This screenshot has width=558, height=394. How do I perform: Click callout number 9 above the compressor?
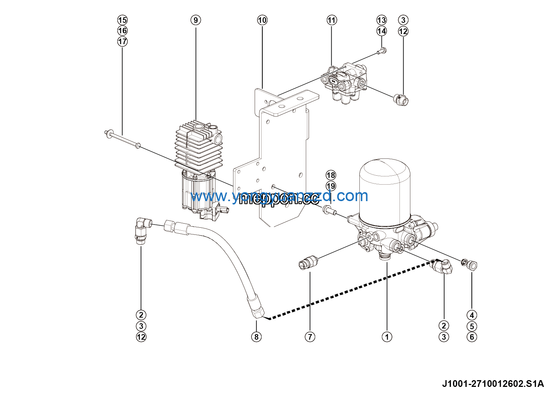(196, 20)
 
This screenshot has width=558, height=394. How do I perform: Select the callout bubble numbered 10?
(262, 20)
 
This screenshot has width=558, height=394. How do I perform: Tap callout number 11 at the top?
(332, 20)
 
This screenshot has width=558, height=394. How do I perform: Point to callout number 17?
(123, 41)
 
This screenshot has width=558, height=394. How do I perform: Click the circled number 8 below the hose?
(256, 337)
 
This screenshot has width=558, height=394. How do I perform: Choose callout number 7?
(310, 337)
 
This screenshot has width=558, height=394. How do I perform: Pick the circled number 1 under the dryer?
(387, 337)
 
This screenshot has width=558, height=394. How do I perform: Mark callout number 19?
(331, 186)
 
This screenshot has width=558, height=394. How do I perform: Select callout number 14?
(381, 31)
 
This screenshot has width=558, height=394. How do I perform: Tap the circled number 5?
(472, 326)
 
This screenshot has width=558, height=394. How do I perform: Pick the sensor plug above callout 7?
(308, 261)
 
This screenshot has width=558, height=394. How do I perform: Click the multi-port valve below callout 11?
(347, 82)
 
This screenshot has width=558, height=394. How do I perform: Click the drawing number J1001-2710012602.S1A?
(492, 384)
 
